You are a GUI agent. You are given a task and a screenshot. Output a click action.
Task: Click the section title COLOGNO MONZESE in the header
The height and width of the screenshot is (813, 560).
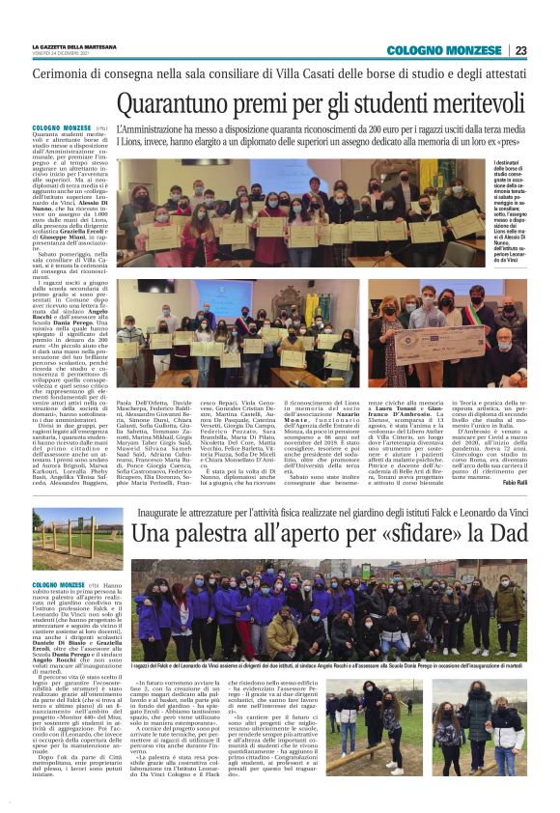(x=446, y=51)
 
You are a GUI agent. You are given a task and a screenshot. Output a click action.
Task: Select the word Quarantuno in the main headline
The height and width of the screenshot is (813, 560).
(x=185, y=104)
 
